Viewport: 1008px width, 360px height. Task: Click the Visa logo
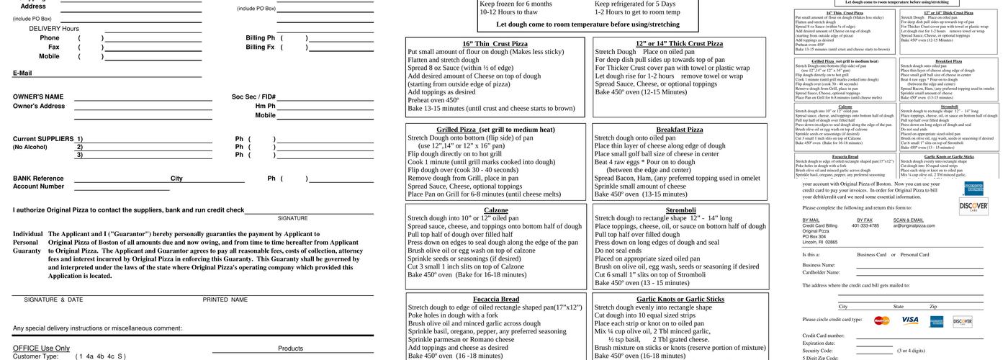tap(910, 320)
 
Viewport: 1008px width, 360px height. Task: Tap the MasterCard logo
tap(882, 320)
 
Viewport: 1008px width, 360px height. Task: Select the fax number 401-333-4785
tap(865, 225)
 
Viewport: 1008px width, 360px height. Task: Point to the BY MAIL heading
tap(811, 220)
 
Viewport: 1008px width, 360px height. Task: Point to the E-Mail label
tap(22, 73)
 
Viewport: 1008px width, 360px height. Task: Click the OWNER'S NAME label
tap(38, 97)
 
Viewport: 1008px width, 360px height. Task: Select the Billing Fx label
tap(260, 47)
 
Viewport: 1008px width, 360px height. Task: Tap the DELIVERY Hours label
tap(54, 29)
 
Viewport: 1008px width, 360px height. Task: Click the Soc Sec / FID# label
tap(253, 97)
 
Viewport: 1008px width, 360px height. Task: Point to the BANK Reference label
tap(38, 179)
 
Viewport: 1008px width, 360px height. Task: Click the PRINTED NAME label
tap(225, 300)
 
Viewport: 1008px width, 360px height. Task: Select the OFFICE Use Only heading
tap(41, 348)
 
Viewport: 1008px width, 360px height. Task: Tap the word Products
tap(290, 348)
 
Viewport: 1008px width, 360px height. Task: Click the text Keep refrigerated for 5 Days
tap(635, 4)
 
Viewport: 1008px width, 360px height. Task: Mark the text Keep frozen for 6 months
tap(516, 4)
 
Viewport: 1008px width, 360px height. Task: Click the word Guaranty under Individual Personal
tap(27, 251)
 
